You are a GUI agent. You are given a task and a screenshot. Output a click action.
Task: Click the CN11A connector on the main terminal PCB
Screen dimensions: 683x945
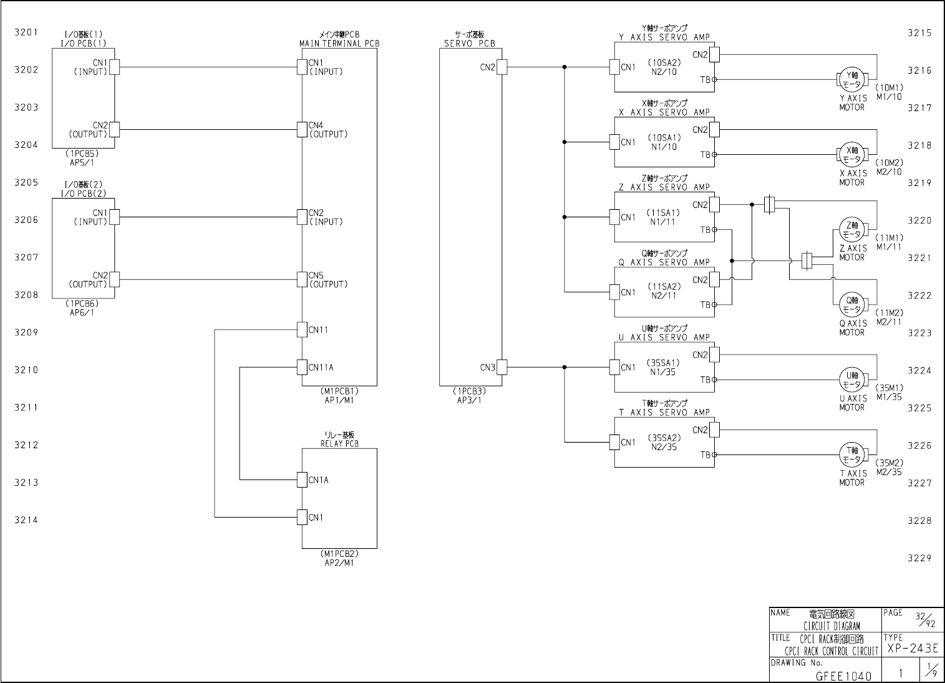[x=303, y=367]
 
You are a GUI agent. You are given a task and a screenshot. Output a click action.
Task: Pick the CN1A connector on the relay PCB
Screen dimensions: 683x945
[x=303, y=479]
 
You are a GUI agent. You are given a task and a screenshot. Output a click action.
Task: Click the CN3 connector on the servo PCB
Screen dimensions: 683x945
[x=502, y=367]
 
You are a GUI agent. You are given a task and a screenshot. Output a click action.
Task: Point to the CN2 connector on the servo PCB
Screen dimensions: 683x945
[x=502, y=67]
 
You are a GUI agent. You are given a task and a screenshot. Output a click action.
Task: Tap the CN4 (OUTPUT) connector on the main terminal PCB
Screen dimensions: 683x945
[x=303, y=129]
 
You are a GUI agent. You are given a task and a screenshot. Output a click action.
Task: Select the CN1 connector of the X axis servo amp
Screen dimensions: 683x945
[x=614, y=142]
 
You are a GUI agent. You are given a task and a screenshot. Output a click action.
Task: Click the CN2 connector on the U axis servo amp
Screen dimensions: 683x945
[x=714, y=355]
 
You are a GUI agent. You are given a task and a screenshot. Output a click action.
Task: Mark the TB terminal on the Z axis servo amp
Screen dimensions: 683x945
[x=714, y=230]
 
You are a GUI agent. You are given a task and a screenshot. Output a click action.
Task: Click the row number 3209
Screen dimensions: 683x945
[x=26, y=332]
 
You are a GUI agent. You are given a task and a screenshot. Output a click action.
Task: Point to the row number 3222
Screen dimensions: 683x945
[x=919, y=295]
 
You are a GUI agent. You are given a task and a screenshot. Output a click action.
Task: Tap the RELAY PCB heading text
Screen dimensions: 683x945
[x=339, y=444]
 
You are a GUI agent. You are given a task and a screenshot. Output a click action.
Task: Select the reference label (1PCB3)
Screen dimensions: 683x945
[x=469, y=391]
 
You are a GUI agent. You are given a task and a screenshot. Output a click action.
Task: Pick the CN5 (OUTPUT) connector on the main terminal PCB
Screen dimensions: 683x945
[x=303, y=280]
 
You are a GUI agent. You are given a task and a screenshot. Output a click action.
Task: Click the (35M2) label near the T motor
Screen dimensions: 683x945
[x=889, y=463]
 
